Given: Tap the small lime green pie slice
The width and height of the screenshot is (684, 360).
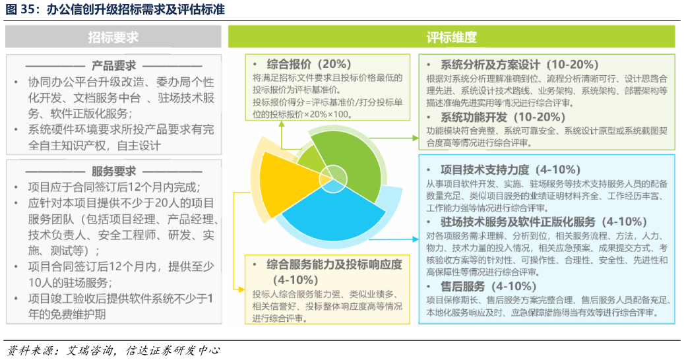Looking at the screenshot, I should click(309, 159).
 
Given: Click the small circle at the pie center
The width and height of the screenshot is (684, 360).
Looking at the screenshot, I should click(332, 176).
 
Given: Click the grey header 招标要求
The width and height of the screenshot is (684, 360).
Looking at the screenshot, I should click(113, 38).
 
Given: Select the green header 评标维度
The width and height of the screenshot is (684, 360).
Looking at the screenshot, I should click(452, 38).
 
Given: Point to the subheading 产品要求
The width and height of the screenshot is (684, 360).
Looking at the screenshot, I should click(113, 66).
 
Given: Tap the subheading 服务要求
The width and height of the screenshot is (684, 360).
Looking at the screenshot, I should click(113, 171).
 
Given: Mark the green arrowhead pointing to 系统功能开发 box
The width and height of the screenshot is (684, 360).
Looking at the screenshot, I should click(416, 138).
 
